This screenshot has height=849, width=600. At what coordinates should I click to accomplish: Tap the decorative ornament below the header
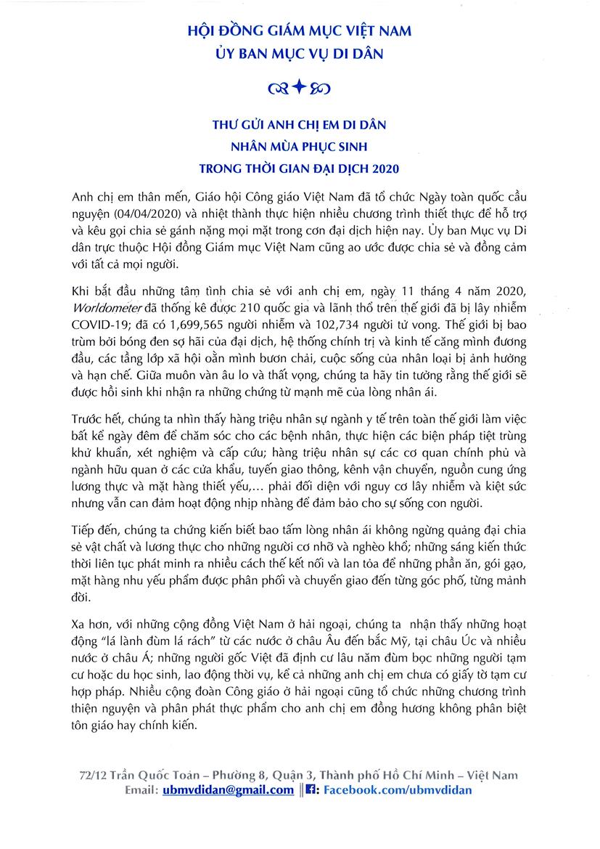[300, 89]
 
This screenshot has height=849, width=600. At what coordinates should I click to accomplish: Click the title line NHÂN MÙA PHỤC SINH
[300, 147]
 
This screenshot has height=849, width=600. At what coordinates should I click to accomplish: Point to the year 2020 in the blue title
[385, 168]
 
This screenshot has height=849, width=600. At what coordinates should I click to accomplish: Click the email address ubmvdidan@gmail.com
[228, 789]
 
